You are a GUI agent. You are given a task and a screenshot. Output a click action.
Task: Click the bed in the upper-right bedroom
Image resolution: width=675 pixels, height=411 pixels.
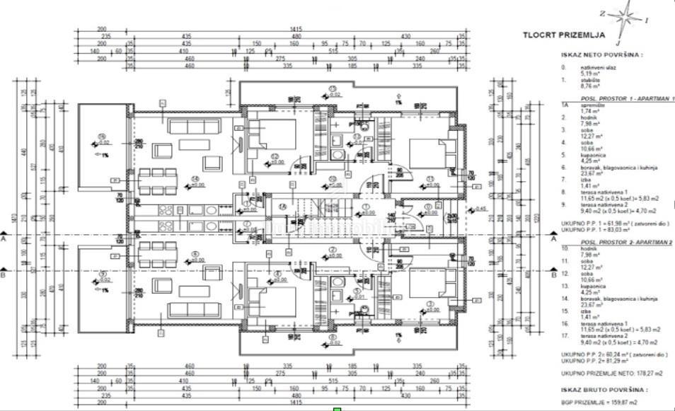pyautogui.click(x=428, y=151)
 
